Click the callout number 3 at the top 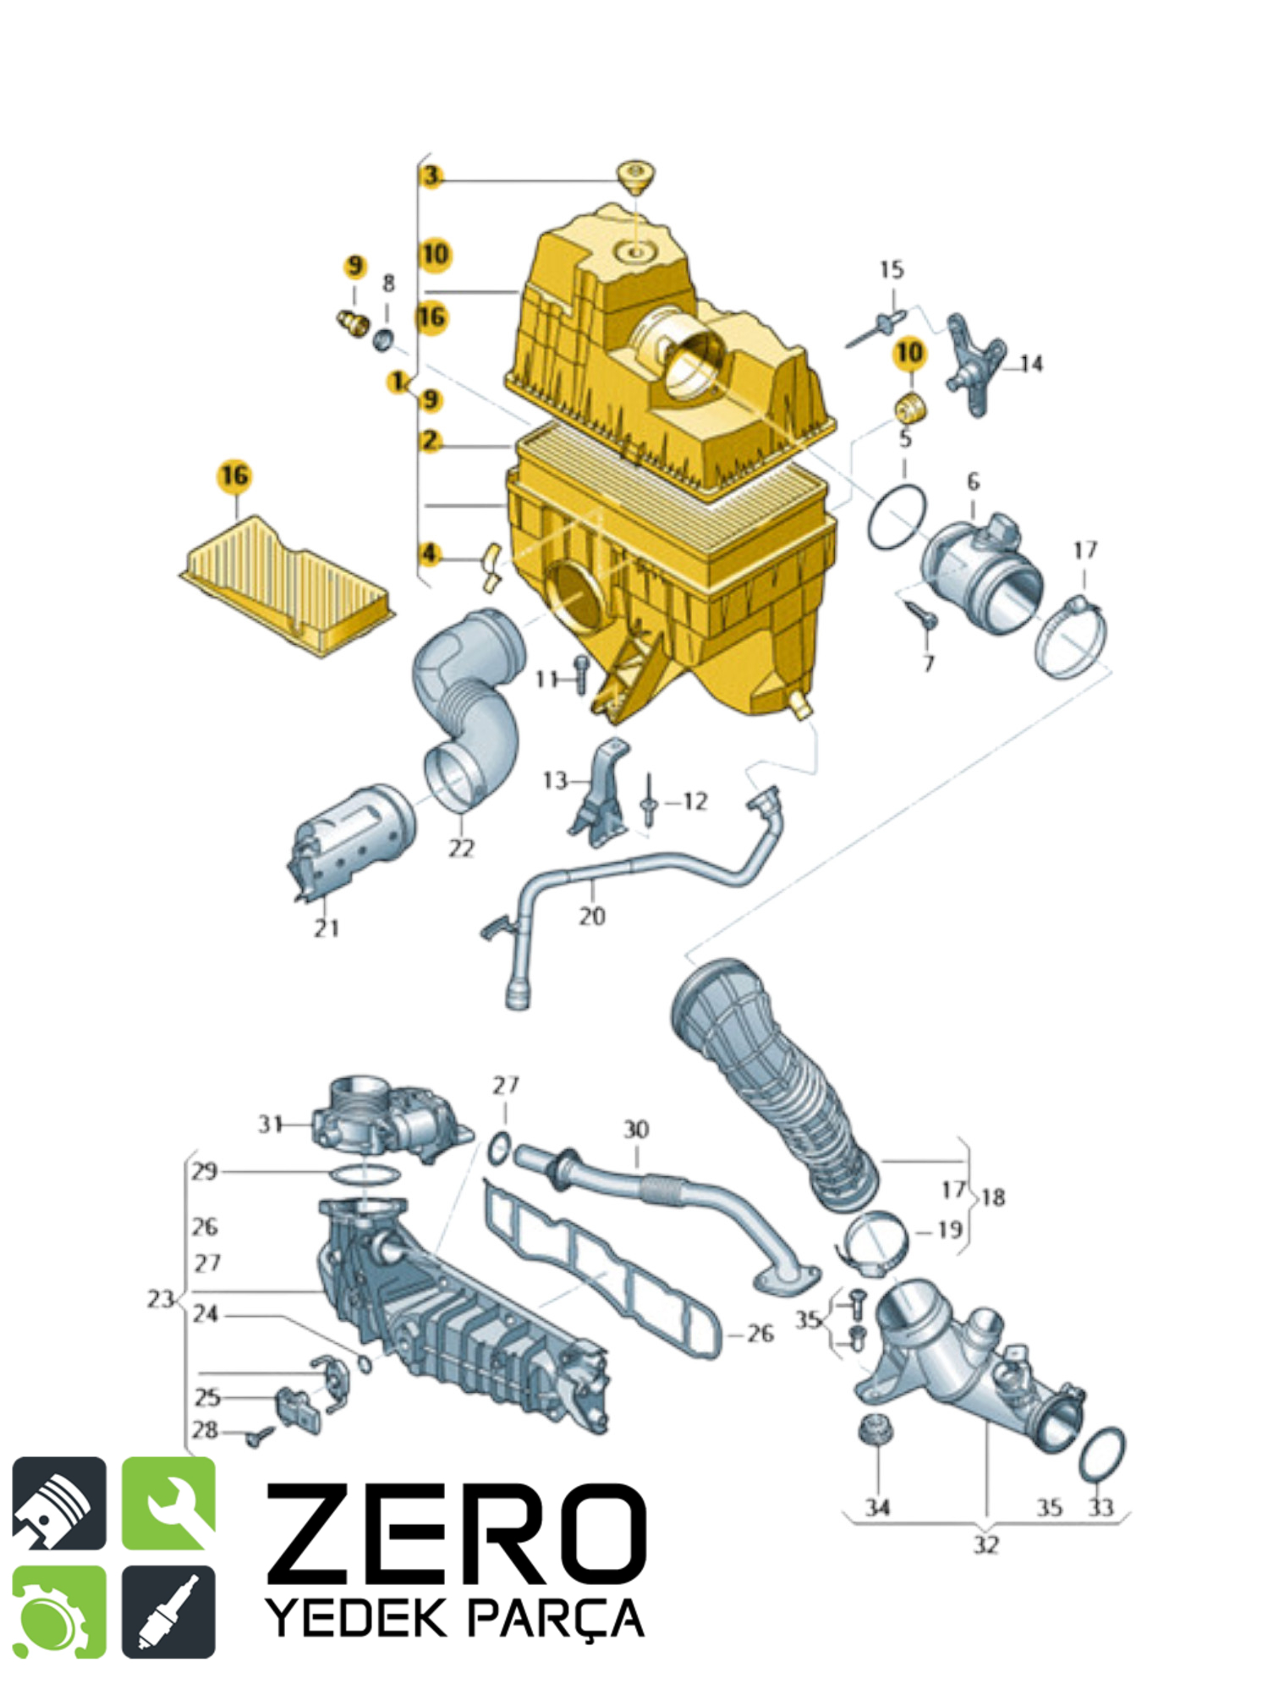click(x=431, y=176)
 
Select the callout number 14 click(x=1031, y=364)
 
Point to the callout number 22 click(x=461, y=848)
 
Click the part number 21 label click(x=327, y=928)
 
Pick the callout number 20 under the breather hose click(x=592, y=916)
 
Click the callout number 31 click(x=270, y=1125)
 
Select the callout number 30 click(x=636, y=1130)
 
